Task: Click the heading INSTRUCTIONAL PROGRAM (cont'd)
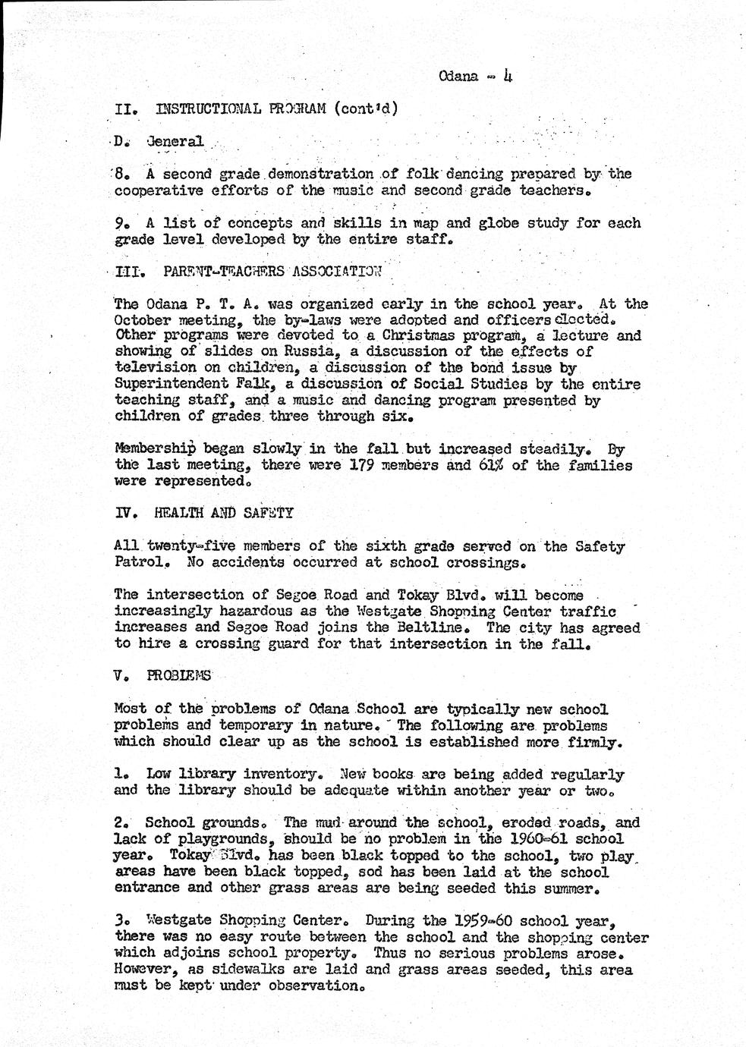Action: pyautogui.click(x=276, y=108)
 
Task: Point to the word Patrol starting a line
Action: pyautogui.click(x=135, y=563)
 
